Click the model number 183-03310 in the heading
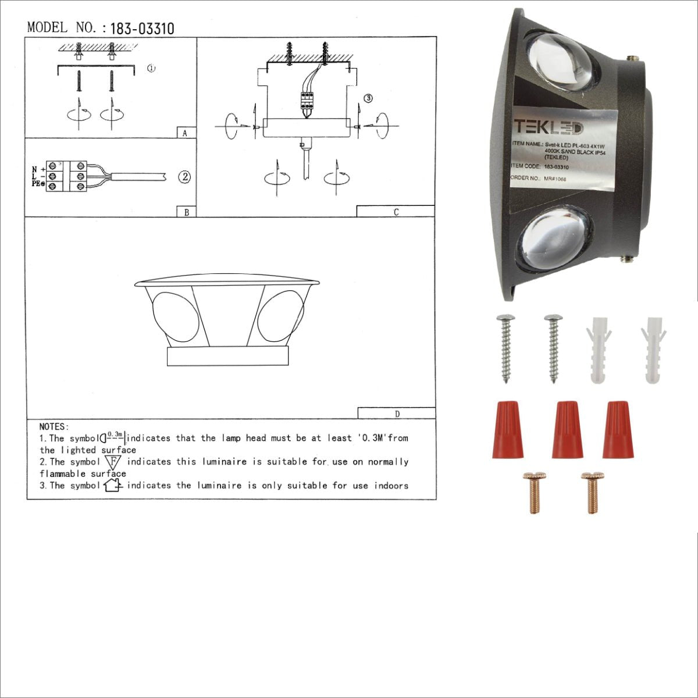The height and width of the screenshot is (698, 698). (x=141, y=29)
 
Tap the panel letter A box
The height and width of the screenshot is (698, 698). (x=186, y=133)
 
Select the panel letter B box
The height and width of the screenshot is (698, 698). (x=186, y=212)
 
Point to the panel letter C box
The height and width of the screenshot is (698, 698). (x=396, y=212)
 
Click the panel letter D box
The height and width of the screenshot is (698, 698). (x=397, y=414)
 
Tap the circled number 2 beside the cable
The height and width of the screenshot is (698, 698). (x=184, y=177)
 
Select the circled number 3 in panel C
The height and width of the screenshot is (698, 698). (x=368, y=98)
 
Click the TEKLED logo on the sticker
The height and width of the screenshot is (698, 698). (x=547, y=127)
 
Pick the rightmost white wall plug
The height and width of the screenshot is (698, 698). (x=654, y=350)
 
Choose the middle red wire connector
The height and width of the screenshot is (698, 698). (x=567, y=429)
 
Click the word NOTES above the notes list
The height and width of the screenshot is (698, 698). (x=54, y=427)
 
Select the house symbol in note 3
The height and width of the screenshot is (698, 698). (x=112, y=485)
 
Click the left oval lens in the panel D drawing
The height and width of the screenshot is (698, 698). (x=170, y=318)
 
